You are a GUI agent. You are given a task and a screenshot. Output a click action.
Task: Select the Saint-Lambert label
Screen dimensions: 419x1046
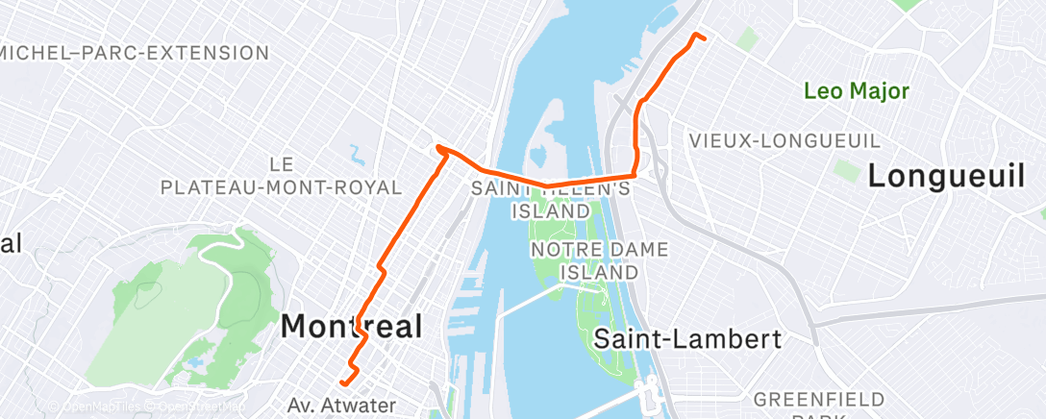click(x=687, y=338)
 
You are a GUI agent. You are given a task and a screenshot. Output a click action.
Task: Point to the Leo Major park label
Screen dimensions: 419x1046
click(x=857, y=91)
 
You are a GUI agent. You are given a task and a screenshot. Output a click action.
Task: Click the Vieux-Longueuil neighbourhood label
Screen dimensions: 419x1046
click(x=784, y=141)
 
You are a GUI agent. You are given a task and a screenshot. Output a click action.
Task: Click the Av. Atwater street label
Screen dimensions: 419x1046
click(x=340, y=405)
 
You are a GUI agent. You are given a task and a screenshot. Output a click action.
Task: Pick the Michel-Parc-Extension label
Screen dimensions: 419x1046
click(x=135, y=52)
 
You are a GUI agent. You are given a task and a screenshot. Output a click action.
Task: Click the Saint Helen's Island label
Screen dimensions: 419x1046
click(x=551, y=200)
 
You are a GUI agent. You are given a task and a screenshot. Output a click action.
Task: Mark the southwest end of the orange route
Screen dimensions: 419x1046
click(x=341, y=385)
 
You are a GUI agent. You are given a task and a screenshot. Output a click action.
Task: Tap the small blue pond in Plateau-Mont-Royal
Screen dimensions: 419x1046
click(x=358, y=153)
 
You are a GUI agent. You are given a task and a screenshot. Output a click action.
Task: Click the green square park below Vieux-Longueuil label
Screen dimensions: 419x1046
click(x=846, y=171)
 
